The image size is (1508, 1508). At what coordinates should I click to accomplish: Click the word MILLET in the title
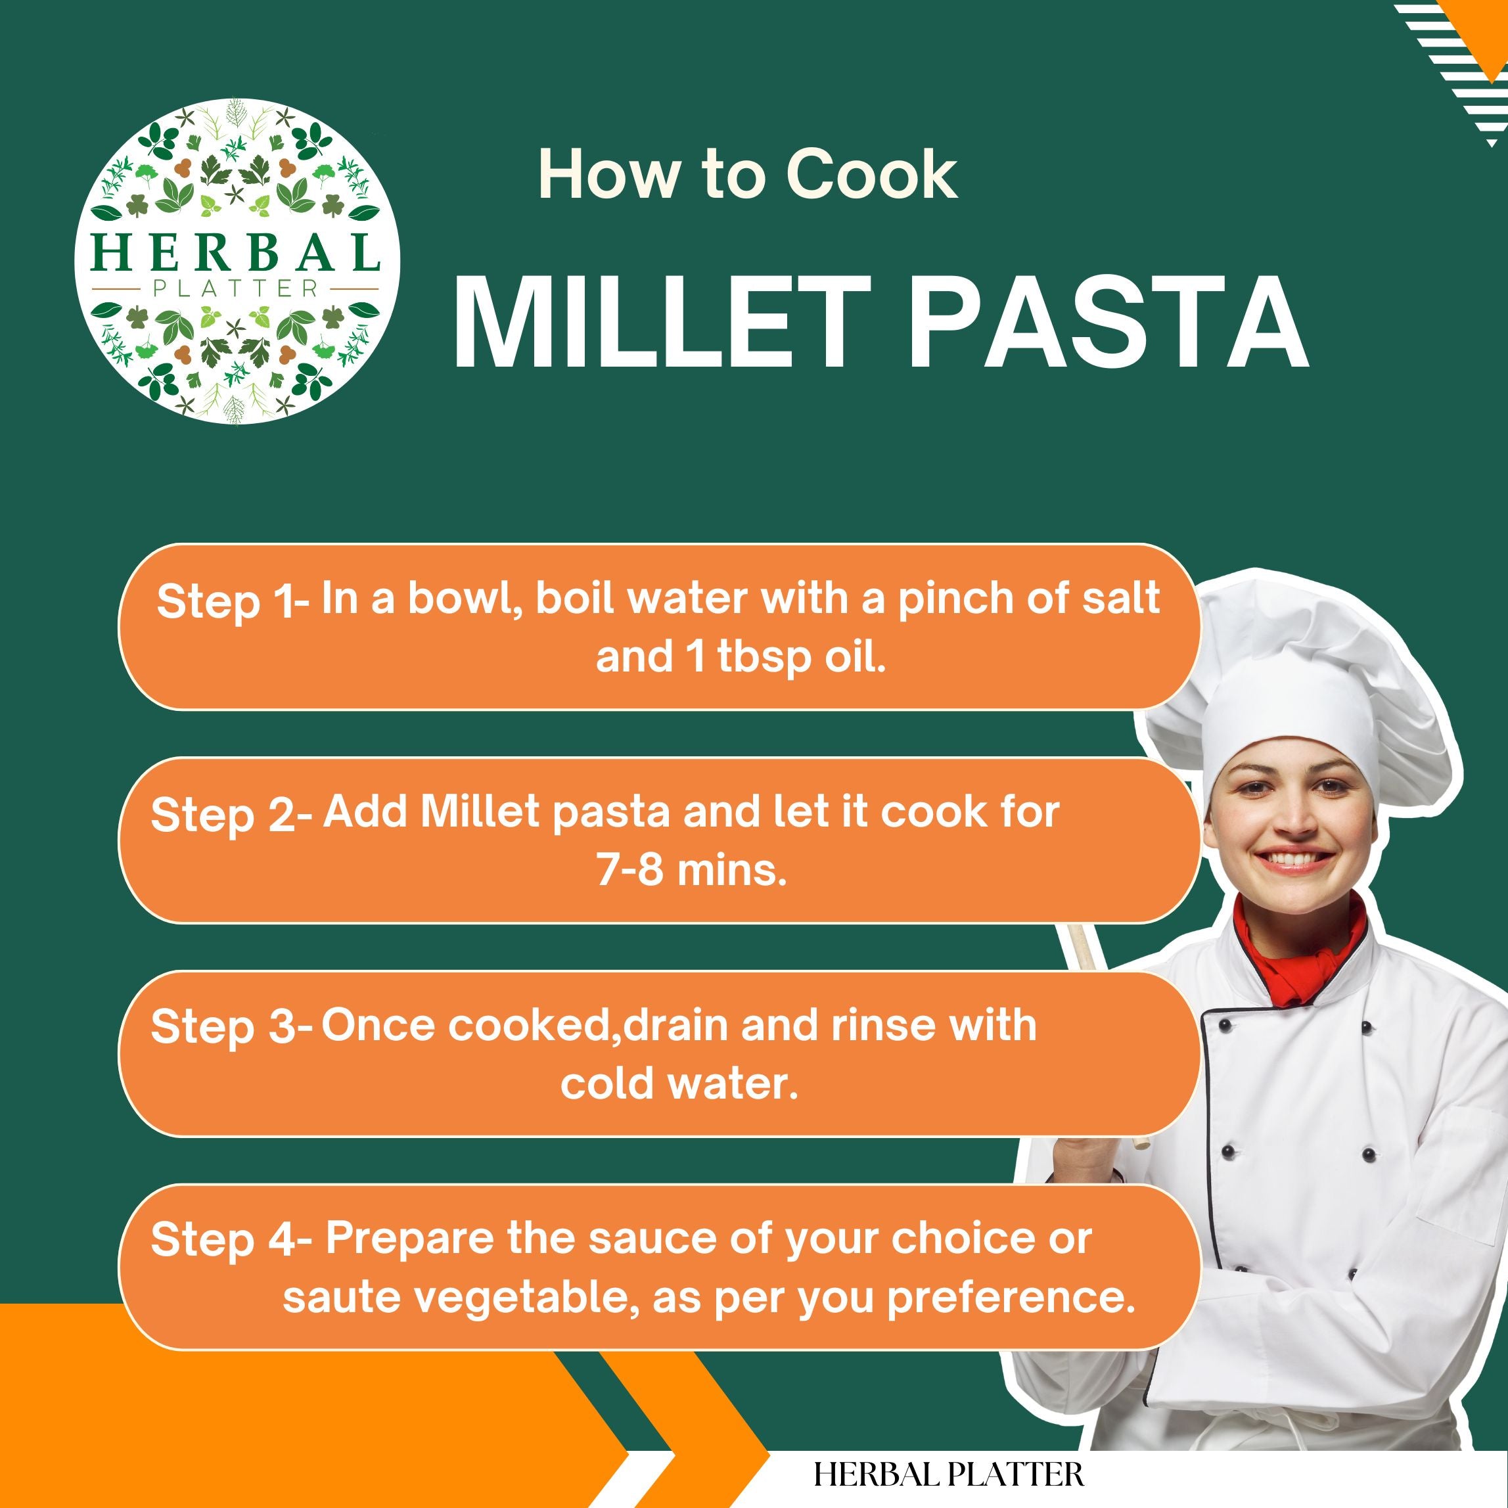(x=662, y=321)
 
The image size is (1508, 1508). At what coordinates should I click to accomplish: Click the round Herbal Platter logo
(x=237, y=261)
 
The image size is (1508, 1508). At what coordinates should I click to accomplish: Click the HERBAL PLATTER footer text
(x=948, y=1474)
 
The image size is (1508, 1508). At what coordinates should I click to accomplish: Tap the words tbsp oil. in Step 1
(x=802, y=658)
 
